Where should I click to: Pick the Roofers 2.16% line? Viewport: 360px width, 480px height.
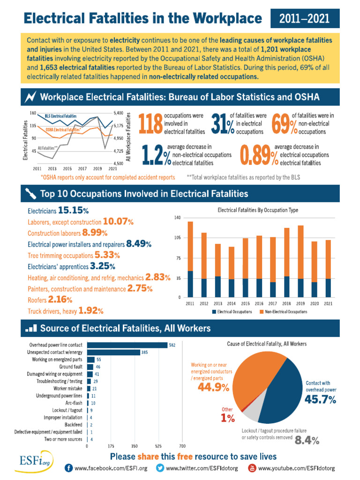[50, 300]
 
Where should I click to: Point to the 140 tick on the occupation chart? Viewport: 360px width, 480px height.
[177, 218]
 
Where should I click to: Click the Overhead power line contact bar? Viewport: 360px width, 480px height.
[127, 345]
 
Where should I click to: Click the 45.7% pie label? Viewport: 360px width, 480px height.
[320, 399]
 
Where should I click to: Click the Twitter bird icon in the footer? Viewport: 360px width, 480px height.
[160, 468]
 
